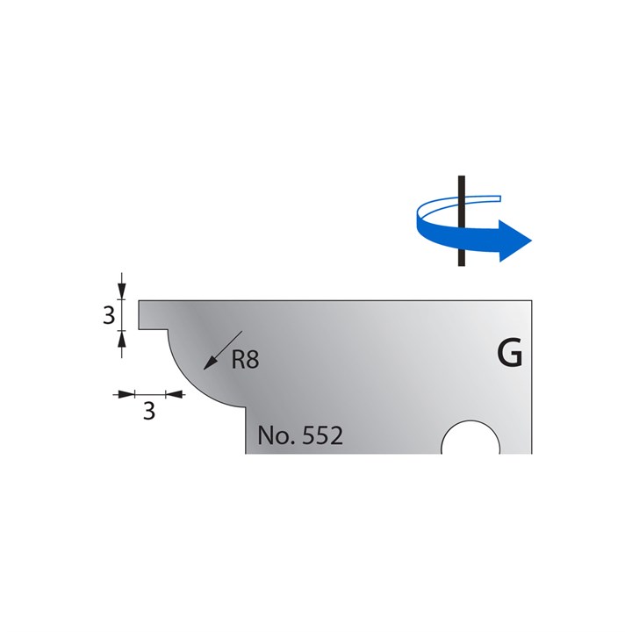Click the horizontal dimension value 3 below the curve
pyautogui.click(x=148, y=410)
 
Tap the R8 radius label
pyautogui.click(x=245, y=359)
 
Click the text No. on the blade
pyautogui.click(x=276, y=435)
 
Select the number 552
pyautogui.click(x=320, y=435)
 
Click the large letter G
pyautogui.click(x=509, y=355)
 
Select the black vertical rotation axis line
pyautogui.click(x=458, y=255)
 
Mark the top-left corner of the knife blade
pyautogui.click(x=138, y=301)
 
